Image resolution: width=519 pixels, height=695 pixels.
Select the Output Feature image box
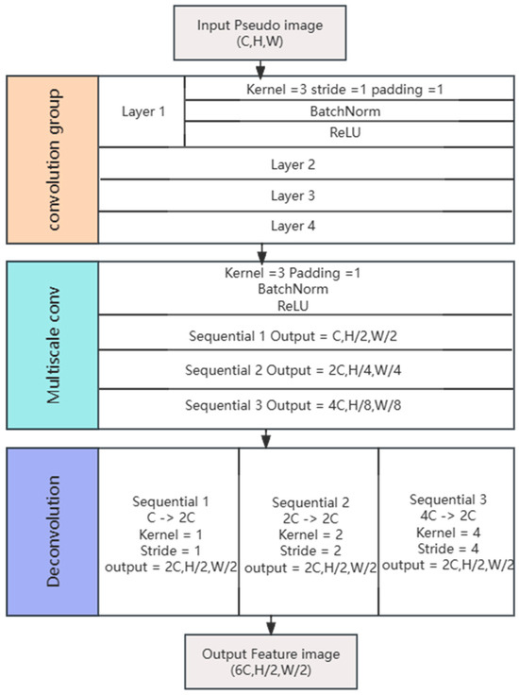tap(272, 660)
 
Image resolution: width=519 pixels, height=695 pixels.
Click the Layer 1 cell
tap(142, 110)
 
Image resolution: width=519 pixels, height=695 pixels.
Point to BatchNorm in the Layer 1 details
tap(344, 111)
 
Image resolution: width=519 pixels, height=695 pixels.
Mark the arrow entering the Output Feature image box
tap(272, 623)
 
